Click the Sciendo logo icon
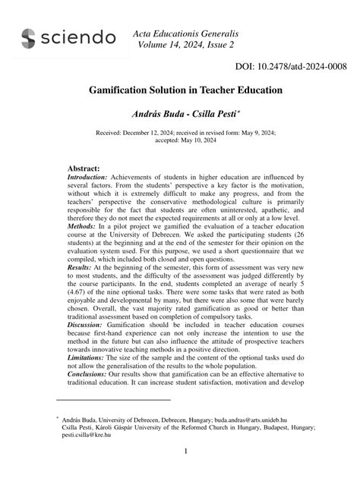click(28, 39)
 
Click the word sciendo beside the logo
click(79, 39)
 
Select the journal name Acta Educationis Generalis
click(185, 34)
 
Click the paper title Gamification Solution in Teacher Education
click(180, 90)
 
